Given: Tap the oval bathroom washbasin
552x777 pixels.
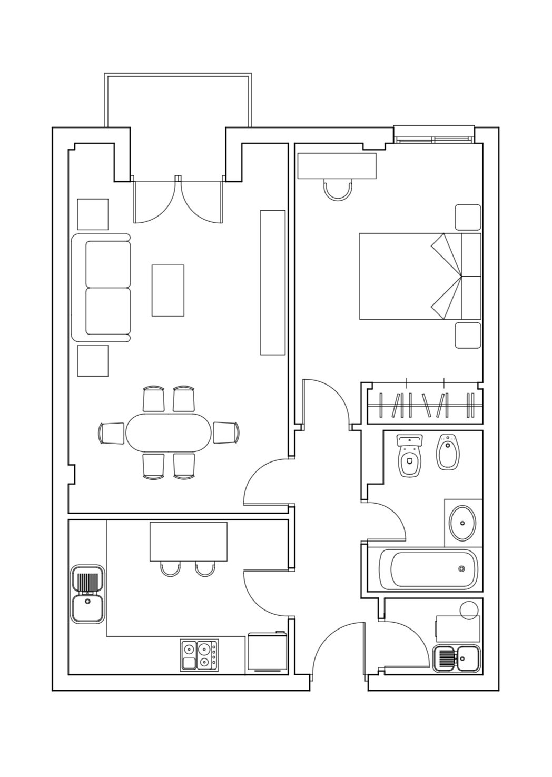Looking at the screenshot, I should [462, 523].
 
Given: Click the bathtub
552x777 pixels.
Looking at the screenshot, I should [428, 569].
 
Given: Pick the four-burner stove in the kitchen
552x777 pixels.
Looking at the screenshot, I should [200, 655].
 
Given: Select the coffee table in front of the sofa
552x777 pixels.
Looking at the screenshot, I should [168, 290].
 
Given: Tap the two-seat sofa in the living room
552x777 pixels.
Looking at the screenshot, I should [102, 288].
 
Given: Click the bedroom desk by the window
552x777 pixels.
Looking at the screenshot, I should [337, 165].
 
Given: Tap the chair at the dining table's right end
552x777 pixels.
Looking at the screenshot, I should [226, 432].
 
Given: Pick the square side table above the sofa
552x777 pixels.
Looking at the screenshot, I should [93, 214].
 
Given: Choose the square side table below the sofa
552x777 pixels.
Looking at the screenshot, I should [93, 360].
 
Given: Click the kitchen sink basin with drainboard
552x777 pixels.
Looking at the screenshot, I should [88, 594].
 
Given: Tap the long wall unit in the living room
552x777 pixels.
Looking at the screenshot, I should [273, 282].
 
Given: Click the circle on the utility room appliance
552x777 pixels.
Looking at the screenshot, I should [469, 609].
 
